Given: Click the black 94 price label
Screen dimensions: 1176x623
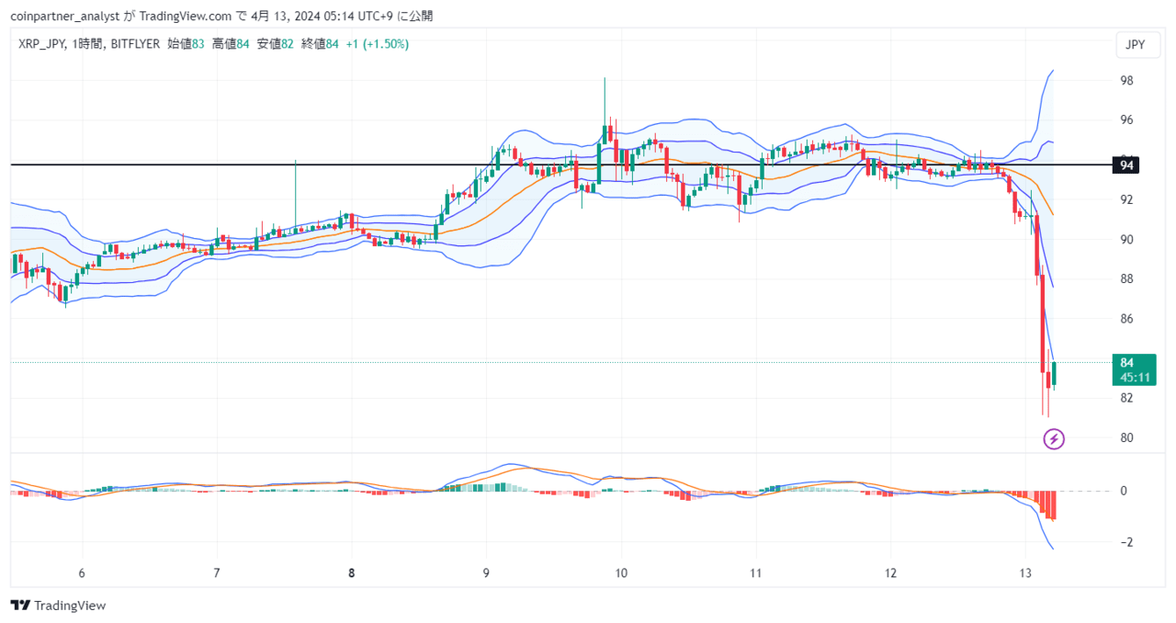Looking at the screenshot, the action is (x=1125, y=165).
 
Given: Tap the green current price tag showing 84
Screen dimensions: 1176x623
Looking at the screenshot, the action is (x=1134, y=369).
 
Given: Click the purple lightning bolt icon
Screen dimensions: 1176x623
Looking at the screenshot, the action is (x=1054, y=439).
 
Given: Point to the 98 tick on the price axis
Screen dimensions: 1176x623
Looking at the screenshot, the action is (x=1126, y=80).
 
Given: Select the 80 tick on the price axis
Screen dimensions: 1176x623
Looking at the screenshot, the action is (x=1126, y=437).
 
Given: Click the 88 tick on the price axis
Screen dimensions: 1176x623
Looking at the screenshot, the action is (x=1126, y=279).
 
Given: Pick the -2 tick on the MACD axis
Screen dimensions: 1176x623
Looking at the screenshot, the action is (x=1125, y=542).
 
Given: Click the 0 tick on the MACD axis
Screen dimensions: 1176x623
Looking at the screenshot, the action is (x=1124, y=491).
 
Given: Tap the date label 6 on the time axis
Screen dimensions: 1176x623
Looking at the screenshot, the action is (x=82, y=573).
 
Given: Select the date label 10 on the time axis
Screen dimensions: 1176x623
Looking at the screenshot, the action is (x=621, y=573).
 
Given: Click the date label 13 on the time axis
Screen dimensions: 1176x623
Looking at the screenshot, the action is (x=1025, y=573).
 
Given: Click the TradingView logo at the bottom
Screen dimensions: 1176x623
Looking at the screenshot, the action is (x=58, y=606).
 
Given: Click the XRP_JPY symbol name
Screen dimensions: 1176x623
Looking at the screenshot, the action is (x=41, y=44).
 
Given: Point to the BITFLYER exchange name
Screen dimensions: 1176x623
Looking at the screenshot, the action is (x=135, y=44).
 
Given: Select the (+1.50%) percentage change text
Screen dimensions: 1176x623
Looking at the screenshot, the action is (x=385, y=44).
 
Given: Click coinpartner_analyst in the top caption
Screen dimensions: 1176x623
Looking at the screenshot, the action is (x=65, y=17).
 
